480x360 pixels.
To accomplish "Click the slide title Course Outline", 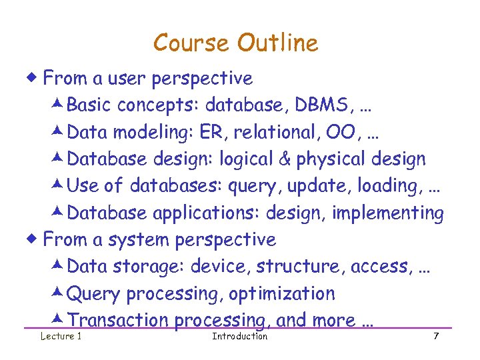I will pyautogui.click(x=235, y=43).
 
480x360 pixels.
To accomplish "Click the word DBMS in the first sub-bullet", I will pyautogui.click(x=319, y=105).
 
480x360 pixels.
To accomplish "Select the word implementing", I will pyautogui.click(x=397, y=213).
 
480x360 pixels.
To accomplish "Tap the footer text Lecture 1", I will pyautogui.click(x=61, y=336).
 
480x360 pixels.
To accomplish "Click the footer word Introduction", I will pyautogui.click(x=239, y=336).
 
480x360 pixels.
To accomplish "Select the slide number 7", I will pyautogui.click(x=436, y=336).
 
